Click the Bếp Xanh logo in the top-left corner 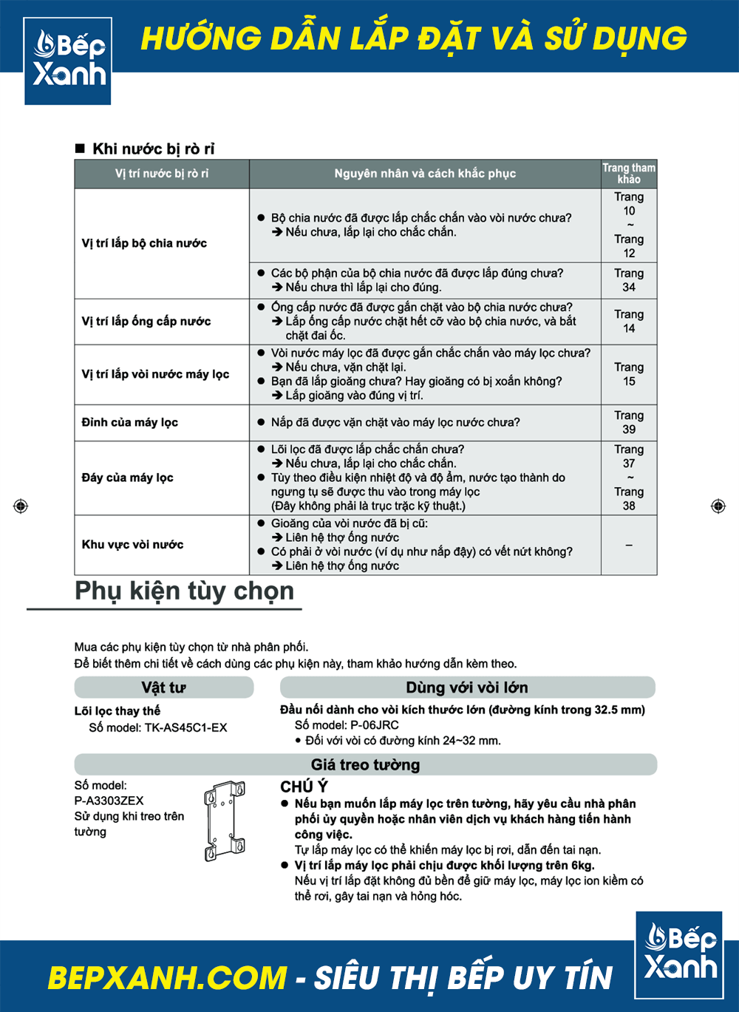(x=68, y=61)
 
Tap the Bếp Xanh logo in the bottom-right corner (x=679, y=954)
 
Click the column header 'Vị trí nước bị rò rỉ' (x=162, y=174)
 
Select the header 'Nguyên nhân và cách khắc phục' (x=425, y=174)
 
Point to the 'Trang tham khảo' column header (x=629, y=174)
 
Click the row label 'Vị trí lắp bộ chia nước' (x=144, y=243)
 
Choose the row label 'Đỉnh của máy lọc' (x=130, y=422)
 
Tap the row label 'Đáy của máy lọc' (x=128, y=478)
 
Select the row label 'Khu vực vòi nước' (x=133, y=544)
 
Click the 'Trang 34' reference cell (x=629, y=280)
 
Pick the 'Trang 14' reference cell (x=629, y=321)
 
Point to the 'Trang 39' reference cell (x=629, y=422)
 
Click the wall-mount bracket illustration (x=225, y=821)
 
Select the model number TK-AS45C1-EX (x=185, y=727)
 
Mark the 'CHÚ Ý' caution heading (x=304, y=787)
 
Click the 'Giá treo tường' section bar (x=365, y=764)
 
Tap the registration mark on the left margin (x=21, y=506)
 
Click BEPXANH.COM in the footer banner (x=167, y=977)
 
